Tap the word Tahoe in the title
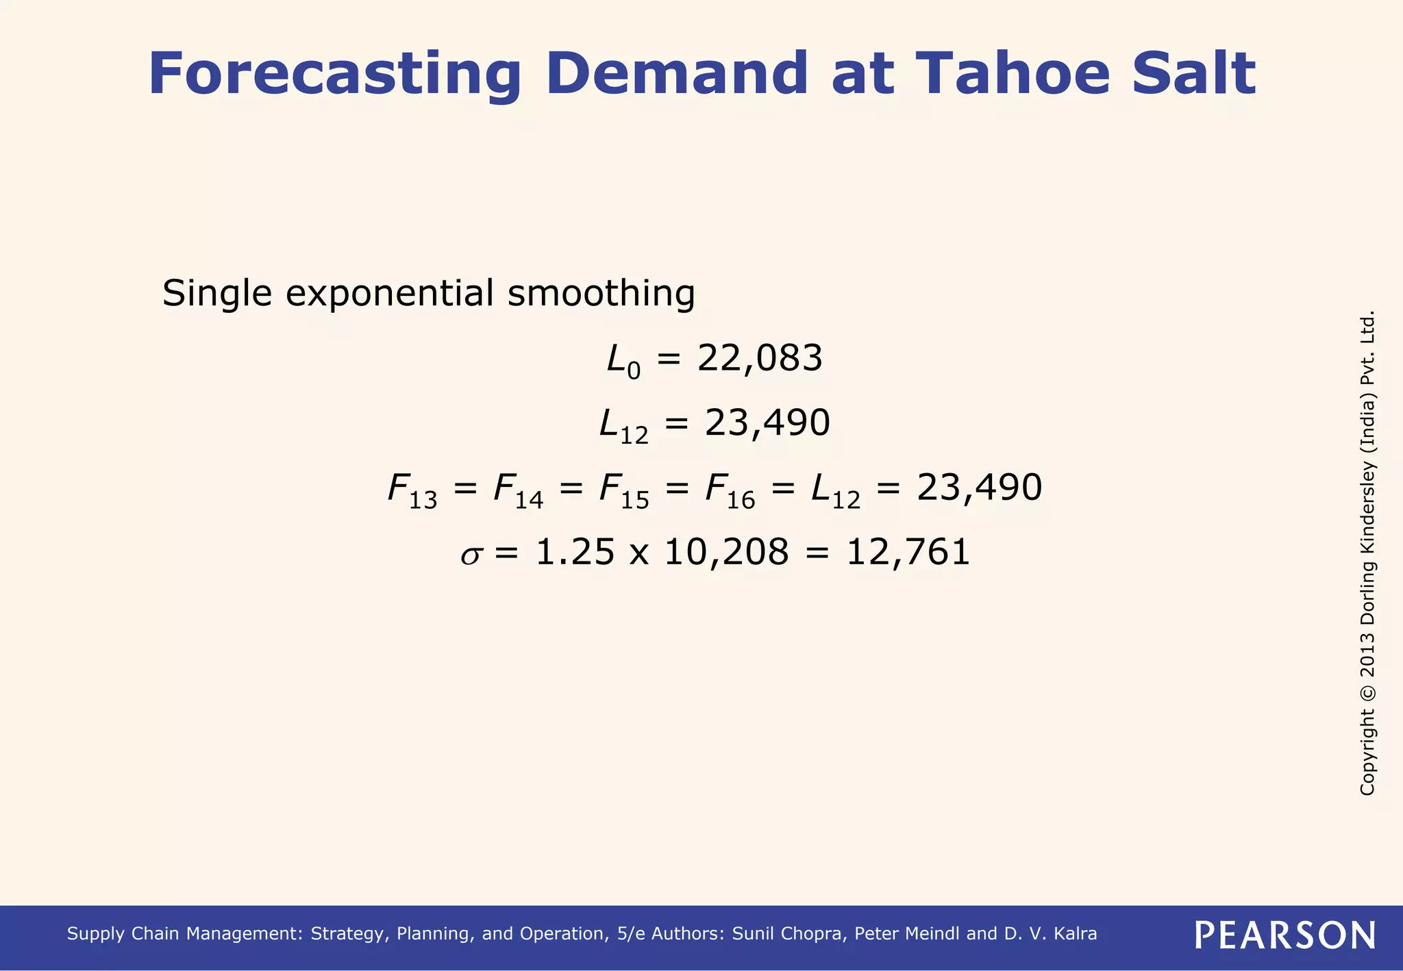pos(1012,74)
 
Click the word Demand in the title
pos(677,74)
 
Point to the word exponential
pos(389,294)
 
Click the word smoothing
pos(601,294)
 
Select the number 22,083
pos(759,358)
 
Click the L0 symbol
pos(623,361)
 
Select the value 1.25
pos(575,552)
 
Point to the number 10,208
pos(726,552)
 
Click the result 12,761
pos(908,552)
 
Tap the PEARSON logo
pos(1284,935)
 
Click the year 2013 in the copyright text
pos(1367,655)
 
